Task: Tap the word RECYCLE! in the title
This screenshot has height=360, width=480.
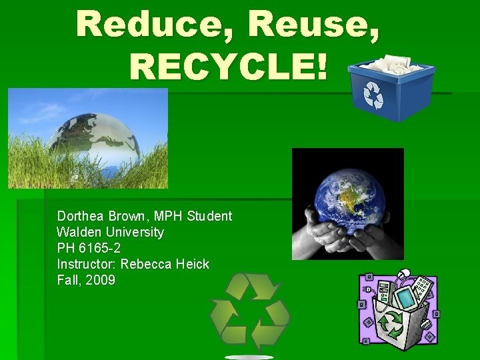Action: (x=229, y=66)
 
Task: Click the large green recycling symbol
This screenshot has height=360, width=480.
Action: (x=250, y=310)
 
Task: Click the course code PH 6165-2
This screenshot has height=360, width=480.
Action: (x=89, y=248)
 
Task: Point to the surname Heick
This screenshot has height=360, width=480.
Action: (x=193, y=264)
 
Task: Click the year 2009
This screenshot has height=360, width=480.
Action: (x=100, y=280)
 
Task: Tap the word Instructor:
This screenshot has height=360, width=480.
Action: (x=87, y=264)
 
